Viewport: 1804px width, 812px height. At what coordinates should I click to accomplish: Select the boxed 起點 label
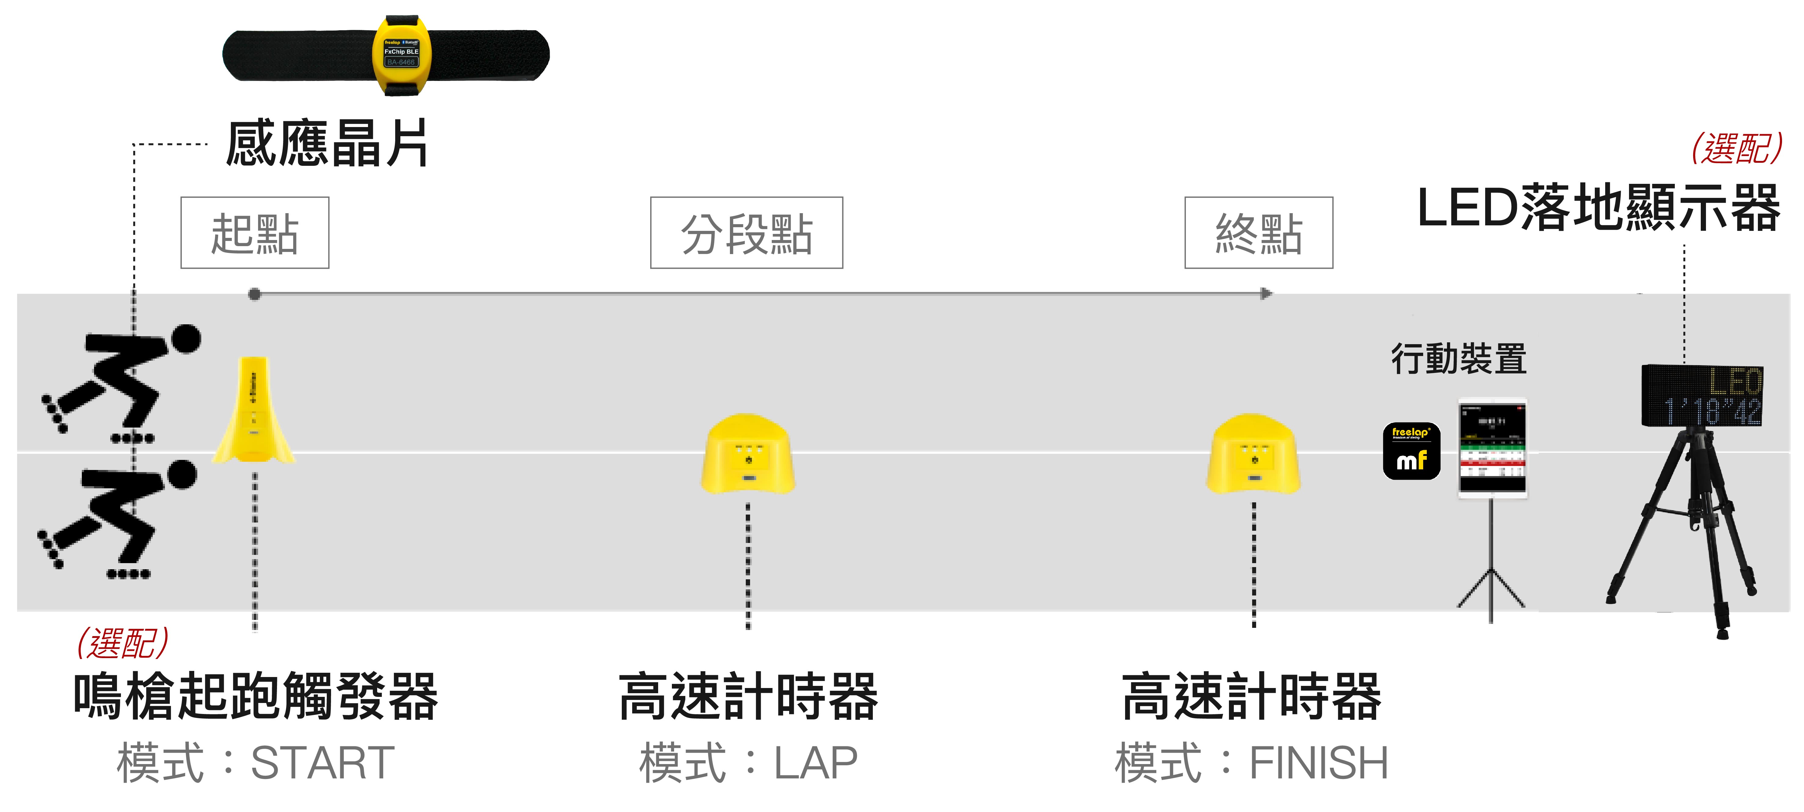tap(255, 233)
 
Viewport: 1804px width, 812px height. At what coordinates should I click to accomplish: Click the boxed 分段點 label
tap(746, 233)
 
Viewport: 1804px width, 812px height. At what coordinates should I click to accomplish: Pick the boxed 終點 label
tap(1259, 233)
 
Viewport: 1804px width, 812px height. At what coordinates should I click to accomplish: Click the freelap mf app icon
tap(1411, 451)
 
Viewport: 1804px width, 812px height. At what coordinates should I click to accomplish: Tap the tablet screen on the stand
tap(1492, 448)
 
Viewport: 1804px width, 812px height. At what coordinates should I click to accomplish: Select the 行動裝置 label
tap(1459, 359)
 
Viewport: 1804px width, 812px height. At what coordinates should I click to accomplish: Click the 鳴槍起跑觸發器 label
tap(256, 697)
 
